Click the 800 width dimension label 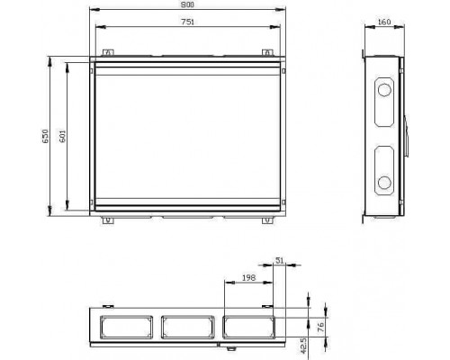point(188,4)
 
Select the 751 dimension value point(188,22)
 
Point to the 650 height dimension point(45,136)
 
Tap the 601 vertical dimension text point(62,136)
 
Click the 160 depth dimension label point(384,22)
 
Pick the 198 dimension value point(249,278)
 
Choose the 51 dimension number point(280,260)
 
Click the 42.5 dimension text point(303,345)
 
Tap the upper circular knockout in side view point(384,90)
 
